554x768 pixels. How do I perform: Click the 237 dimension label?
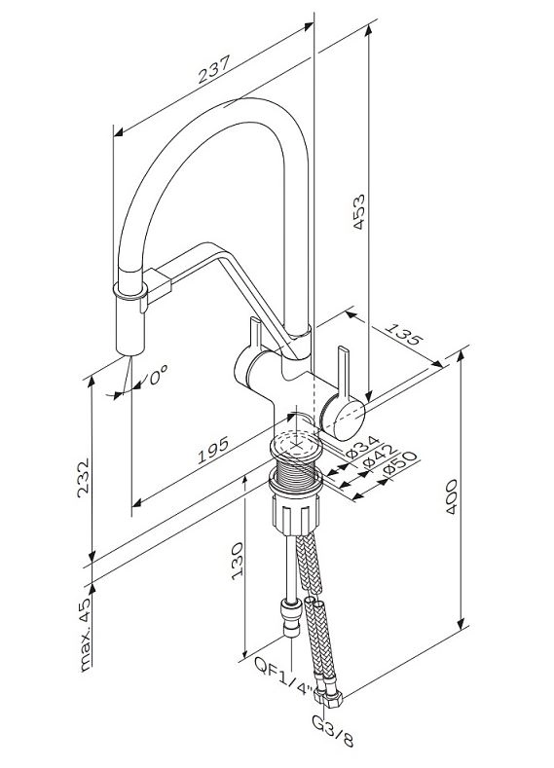click(214, 69)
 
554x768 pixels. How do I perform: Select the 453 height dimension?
click(359, 212)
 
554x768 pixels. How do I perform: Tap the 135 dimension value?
click(402, 333)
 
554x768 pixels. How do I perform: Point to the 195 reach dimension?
click(212, 450)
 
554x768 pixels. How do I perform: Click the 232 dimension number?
click(84, 478)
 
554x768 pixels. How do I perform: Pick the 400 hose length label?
click(451, 496)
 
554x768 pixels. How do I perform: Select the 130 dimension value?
click(238, 561)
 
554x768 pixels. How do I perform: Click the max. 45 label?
click(85, 635)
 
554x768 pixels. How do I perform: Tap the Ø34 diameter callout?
click(362, 447)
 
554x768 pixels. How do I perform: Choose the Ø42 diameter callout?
click(379, 455)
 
